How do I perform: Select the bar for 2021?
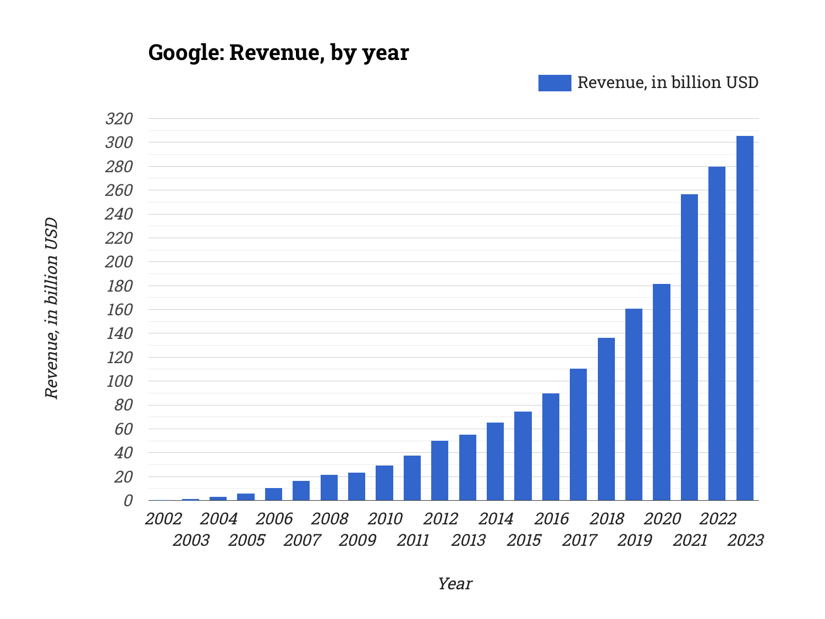coord(689,347)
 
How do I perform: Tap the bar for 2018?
coord(606,419)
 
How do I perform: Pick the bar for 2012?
coord(439,470)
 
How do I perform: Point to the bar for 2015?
coord(523,456)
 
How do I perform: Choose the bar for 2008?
coord(329,487)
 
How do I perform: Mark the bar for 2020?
coord(662,392)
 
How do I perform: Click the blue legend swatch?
coord(554,83)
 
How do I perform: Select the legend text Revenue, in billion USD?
coord(668,83)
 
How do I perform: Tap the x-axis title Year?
coord(454,584)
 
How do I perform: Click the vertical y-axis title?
coord(51,308)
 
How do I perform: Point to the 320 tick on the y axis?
coord(119,119)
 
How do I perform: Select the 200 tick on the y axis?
coord(119,262)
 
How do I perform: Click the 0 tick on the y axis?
coord(128,501)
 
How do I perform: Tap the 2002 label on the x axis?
coord(163,519)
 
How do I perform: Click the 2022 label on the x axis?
coord(718,519)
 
